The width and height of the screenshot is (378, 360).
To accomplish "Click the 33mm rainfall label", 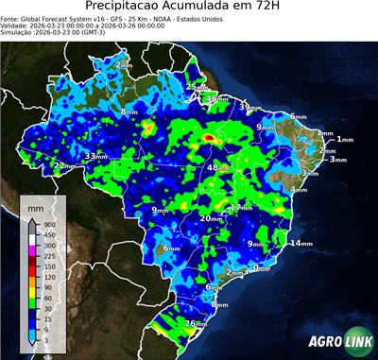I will pos(94,156).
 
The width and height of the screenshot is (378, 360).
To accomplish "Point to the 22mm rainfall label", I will pos(62,165).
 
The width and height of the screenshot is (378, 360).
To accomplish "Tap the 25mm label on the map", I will pos(195,87).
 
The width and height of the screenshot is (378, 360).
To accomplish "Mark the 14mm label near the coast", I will pos(300,244).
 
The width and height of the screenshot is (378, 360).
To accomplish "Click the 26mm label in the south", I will pos(195,324).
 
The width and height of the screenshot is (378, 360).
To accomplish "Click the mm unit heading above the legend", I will pos(38,206).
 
